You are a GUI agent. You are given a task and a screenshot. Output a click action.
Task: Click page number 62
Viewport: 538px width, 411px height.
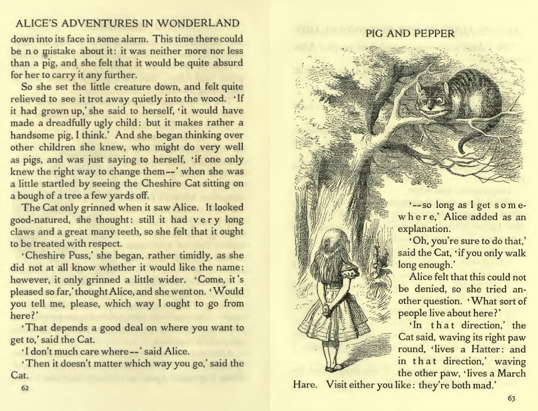point(25,388)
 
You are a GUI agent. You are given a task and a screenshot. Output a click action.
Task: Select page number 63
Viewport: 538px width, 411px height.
point(511,399)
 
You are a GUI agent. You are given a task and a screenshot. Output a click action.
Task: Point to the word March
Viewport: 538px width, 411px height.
point(512,373)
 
